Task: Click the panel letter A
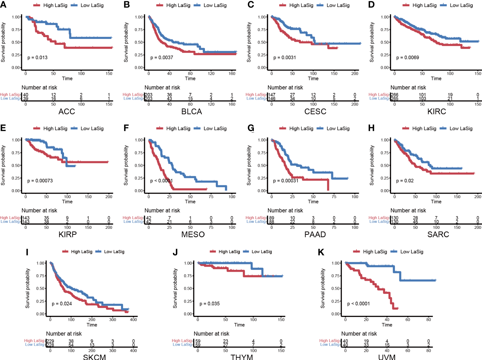(x=3, y=5)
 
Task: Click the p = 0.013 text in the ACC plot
(x=37, y=57)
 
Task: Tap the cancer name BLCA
(x=191, y=111)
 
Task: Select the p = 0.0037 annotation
(x=162, y=57)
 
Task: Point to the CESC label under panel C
(x=315, y=111)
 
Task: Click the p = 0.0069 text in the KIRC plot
(x=407, y=57)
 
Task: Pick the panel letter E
(x=3, y=128)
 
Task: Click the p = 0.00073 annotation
(x=40, y=181)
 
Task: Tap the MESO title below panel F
(x=193, y=234)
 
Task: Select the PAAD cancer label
(x=315, y=234)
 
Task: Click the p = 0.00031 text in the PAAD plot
(x=286, y=181)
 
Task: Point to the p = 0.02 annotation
(x=405, y=181)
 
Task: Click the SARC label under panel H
(x=438, y=234)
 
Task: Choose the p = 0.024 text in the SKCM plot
(x=62, y=304)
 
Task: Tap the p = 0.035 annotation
(x=210, y=304)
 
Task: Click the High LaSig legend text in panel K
(x=375, y=252)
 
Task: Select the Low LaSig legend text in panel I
(x=114, y=252)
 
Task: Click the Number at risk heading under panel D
(x=408, y=88)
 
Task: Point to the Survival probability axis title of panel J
(x=175, y=288)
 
